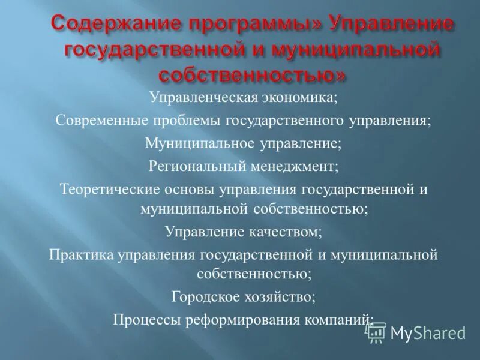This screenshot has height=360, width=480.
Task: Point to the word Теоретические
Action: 109,188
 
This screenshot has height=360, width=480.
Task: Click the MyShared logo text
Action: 428,333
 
